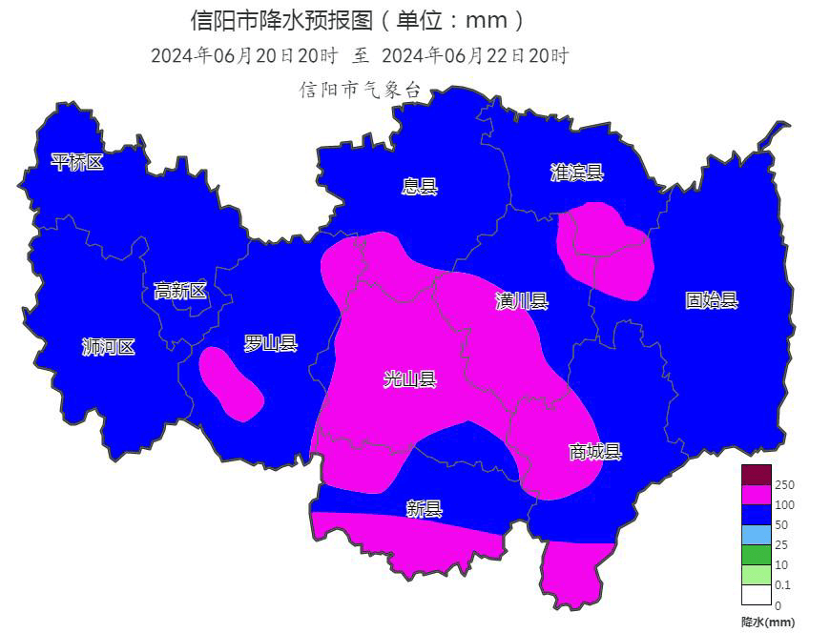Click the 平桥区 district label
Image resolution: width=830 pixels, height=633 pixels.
(77, 163)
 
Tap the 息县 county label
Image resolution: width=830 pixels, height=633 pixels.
(419, 187)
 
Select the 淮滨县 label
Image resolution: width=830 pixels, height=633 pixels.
(576, 173)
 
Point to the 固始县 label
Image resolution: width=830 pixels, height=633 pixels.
(711, 300)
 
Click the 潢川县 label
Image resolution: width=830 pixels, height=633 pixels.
(521, 302)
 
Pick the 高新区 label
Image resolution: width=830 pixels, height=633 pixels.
(179, 291)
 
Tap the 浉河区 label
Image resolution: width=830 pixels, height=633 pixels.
(108, 347)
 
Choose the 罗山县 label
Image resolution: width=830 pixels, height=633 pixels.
(270, 343)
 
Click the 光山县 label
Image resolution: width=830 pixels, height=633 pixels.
(409, 379)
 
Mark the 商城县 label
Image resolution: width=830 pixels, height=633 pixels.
(594, 452)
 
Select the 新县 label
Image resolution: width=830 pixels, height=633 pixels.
(424, 509)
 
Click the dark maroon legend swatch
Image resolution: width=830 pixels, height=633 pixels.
(756, 475)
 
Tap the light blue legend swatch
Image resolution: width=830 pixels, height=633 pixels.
(756, 535)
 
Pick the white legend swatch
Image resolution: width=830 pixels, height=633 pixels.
(756, 595)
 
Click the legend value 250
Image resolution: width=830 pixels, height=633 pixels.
(785, 485)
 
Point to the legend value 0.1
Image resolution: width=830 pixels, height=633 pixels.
(784, 585)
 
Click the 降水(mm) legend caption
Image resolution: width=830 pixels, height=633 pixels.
(767, 622)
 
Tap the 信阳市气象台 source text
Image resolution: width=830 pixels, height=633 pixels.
(360, 90)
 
